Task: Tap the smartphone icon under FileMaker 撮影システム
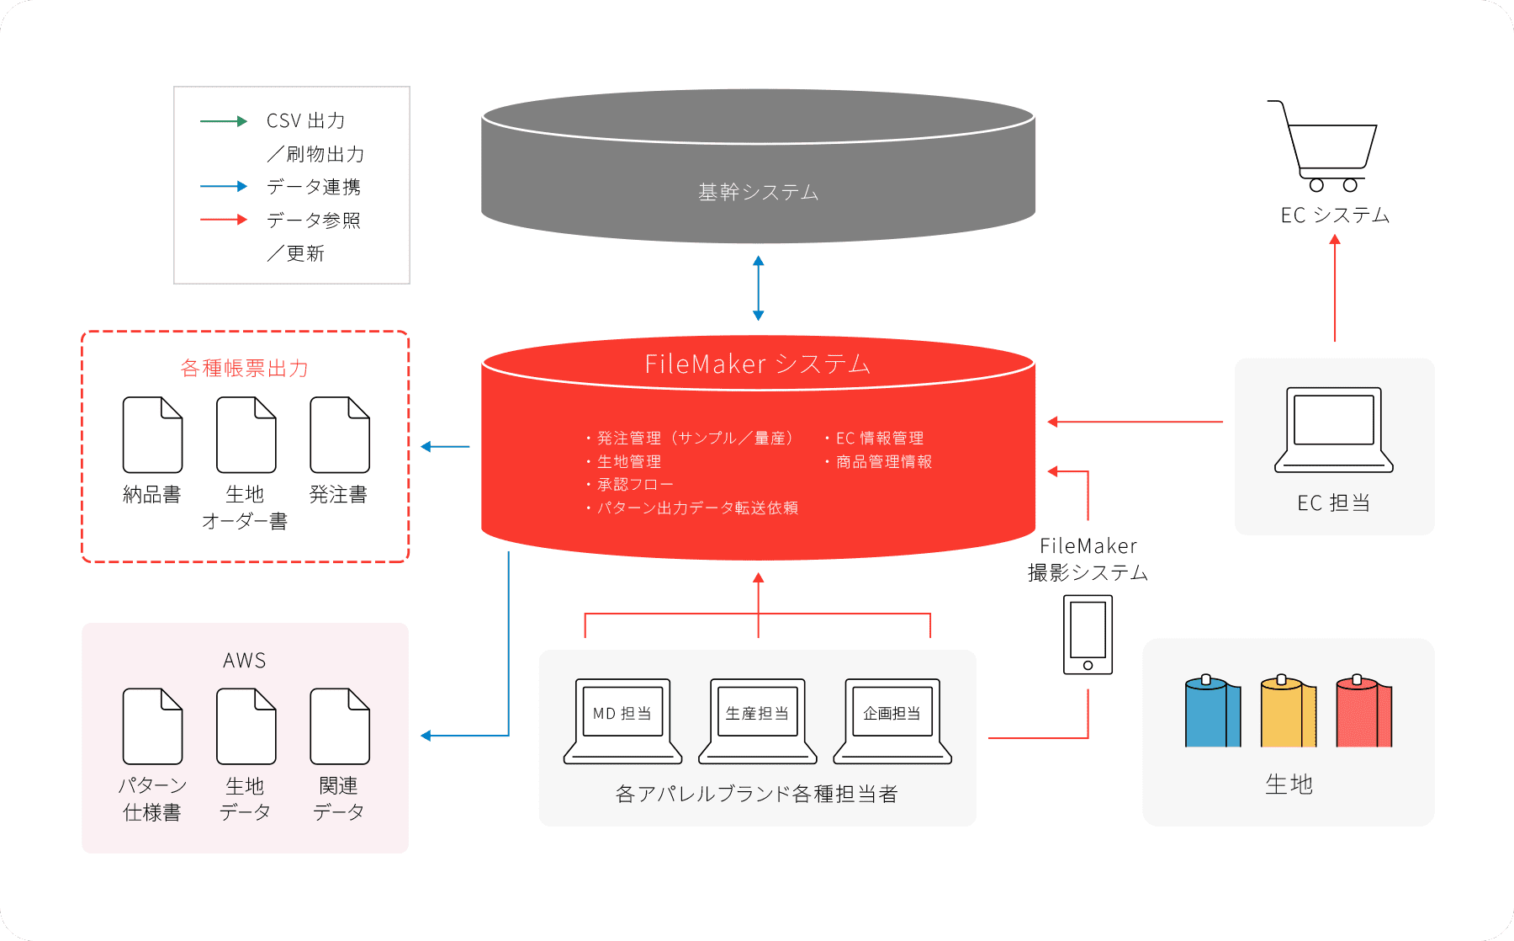tap(1088, 635)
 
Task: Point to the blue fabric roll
tap(1211, 712)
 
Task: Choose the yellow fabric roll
tap(1287, 712)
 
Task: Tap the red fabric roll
tap(1363, 712)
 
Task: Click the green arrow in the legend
tap(224, 121)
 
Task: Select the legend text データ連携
tap(314, 187)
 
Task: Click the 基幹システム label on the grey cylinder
tap(758, 193)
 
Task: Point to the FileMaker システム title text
tap(757, 364)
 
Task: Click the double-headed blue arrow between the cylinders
tap(758, 288)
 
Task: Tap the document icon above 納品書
tap(152, 435)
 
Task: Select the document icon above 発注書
tap(339, 435)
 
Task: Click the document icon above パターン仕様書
tap(152, 726)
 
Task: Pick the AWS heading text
tap(245, 661)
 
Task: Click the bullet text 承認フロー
tap(635, 485)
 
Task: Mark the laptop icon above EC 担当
tap(1333, 429)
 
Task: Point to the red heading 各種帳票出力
tap(245, 369)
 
